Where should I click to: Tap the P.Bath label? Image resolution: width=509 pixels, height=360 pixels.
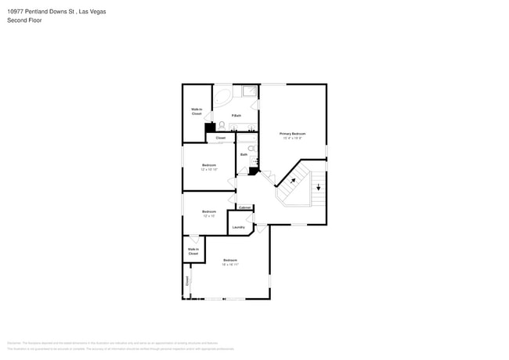tap(236, 115)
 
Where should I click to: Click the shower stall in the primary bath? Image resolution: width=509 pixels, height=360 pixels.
tap(249, 92)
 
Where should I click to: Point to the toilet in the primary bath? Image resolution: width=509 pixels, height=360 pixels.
tap(222, 125)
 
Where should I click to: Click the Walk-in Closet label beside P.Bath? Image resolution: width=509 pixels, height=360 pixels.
tap(197, 112)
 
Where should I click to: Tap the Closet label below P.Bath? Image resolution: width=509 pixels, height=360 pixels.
tap(221, 138)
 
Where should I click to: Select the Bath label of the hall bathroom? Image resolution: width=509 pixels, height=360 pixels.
tap(244, 154)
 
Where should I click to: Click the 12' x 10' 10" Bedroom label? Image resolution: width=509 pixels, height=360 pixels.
tap(209, 167)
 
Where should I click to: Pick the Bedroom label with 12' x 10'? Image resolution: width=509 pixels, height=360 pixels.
tap(209, 213)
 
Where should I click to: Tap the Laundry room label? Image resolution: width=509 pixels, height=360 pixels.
tap(238, 227)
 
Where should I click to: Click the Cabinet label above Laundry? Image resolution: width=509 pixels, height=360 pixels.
tap(244, 207)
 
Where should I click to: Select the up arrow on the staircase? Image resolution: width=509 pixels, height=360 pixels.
tap(293, 181)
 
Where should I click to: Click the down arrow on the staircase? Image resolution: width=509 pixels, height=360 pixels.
tap(318, 186)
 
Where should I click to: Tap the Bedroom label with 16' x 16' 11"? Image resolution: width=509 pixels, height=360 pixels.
tap(230, 262)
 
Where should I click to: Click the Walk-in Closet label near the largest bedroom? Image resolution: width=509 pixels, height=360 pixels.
tap(193, 251)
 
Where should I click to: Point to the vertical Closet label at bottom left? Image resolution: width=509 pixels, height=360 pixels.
tap(187, 280)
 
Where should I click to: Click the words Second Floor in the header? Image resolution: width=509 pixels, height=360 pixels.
tap(23, 20)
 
